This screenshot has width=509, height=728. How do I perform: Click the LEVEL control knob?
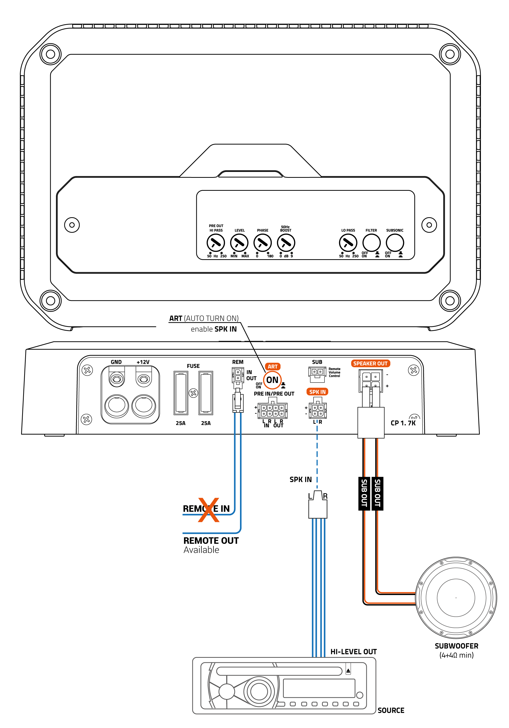tap(239, 243)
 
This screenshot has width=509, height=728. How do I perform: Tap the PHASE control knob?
tap(262, 243)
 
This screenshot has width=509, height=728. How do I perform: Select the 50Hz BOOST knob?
tap(286, 243)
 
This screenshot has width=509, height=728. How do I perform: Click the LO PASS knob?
tap(348, 243)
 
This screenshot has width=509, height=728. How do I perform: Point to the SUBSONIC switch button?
tap(395, 243)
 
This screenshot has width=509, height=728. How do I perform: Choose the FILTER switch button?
tap(371, 243)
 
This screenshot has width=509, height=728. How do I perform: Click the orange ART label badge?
tap(273, 367)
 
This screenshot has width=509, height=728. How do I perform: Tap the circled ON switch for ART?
tap(272, 380)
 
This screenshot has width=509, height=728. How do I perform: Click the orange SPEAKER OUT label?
tap(370, 363)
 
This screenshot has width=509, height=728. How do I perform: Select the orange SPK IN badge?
tap(317, 392)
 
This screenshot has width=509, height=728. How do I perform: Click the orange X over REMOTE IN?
tap(208, 510)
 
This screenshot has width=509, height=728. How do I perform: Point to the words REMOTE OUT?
tap(211, 541)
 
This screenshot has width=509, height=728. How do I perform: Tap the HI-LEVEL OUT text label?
tap(354, 652)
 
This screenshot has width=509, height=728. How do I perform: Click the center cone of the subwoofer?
tap(456, 598)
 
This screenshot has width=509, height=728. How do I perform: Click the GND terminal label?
tap(116, 362)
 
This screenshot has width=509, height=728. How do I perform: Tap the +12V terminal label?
tap(143, 362)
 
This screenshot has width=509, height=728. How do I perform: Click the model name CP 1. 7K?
tap(403, 423)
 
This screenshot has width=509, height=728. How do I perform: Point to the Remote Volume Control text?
tap(334, 373)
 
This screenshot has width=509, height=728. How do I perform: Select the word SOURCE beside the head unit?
tap(391, 710)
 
